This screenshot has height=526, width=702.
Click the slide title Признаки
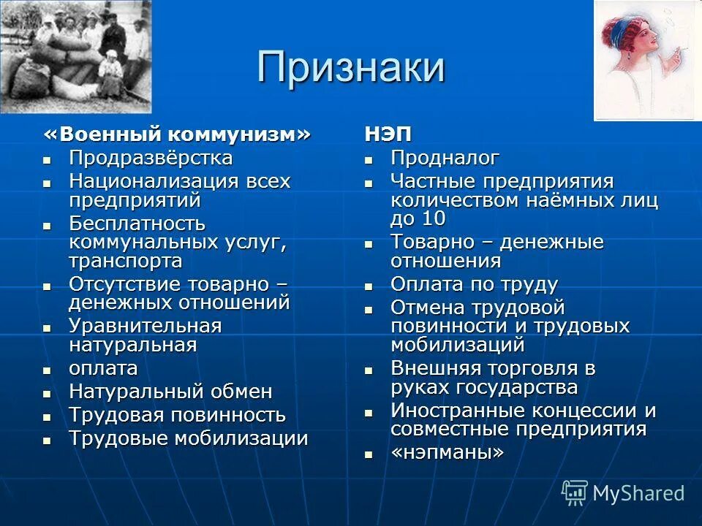pos(351,67)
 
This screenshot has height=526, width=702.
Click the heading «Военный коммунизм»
pos(177,135)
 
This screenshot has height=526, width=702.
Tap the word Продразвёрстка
pos(151,158)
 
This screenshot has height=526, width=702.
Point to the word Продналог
pos(445,158)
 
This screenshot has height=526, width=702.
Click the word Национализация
pos(149,180)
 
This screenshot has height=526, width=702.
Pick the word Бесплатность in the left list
pos(137,223)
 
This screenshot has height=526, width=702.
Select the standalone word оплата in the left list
pos(103,368)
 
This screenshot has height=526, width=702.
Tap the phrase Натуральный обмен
pos(170,392)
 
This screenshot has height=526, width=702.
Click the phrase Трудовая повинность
pos(177,415)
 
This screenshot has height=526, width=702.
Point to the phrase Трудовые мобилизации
pos(189,438)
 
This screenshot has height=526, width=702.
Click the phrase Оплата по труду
pos(474,284)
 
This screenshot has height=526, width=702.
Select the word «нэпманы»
pos(447,452)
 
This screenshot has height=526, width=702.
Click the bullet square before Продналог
pos(369,159)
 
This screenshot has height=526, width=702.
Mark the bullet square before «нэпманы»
pos(369,454)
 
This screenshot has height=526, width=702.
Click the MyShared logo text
pos(638,493)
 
